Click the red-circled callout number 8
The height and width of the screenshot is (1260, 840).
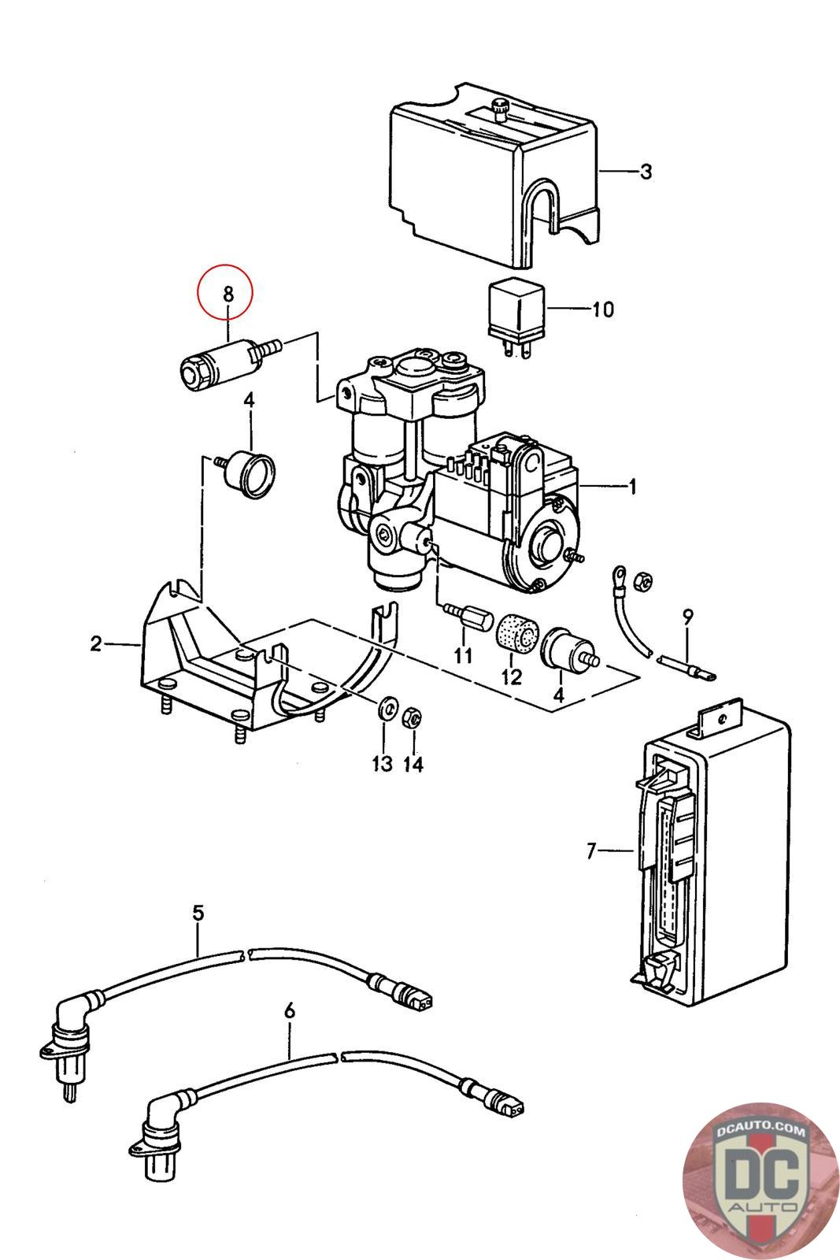(228, 293)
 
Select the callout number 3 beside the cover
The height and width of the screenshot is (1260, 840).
(646, 172)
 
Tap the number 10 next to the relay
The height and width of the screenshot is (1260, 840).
(603, 309)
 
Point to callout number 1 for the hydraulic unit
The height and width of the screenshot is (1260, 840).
(632, 486)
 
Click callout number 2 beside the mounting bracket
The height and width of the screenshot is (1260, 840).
(96, 643)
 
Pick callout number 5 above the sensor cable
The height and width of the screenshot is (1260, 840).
(198, 913)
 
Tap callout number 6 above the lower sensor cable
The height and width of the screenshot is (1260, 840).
(289, 1011)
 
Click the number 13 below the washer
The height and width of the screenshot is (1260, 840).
(382, 763)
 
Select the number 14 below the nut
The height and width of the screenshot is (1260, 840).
(413, 764)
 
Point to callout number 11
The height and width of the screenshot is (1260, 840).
(463, 655)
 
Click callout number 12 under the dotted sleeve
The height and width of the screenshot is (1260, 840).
(511, 676)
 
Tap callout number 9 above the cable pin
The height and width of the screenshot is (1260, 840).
(687, 617)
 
